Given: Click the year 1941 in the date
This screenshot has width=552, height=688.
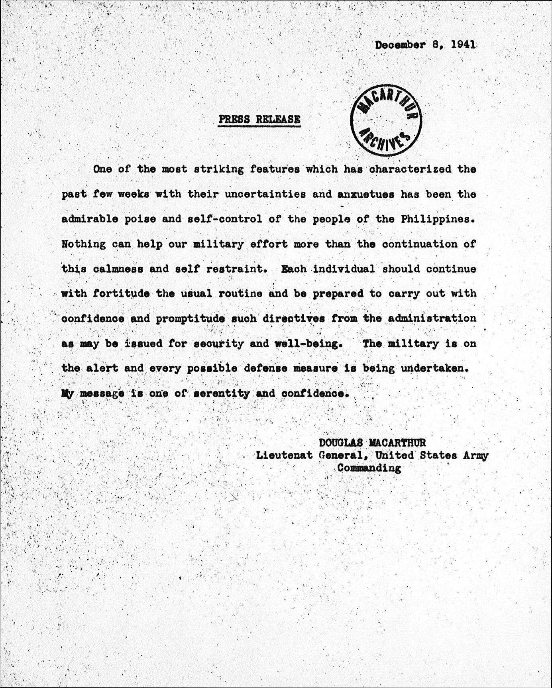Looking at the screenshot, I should tap(464, 45).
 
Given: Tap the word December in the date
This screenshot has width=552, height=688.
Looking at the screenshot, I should tap(400, 45).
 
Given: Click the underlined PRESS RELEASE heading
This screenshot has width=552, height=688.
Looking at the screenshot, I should tap(259, 119).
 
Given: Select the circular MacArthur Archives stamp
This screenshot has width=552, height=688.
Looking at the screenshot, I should tap(386, 120).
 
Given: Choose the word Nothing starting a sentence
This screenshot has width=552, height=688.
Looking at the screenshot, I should tap(84, 244).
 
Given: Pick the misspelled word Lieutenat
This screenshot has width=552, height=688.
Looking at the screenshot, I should tap(284, 455).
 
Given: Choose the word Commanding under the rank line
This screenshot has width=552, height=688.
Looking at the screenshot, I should tap(369, 468).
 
